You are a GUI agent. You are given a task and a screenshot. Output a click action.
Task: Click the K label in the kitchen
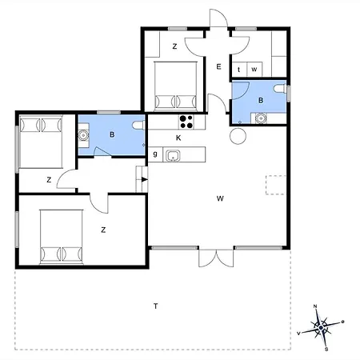click(178, 138)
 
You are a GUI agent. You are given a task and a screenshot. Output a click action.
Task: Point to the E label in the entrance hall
click(218, 67)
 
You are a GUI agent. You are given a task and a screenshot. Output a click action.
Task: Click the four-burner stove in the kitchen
click(187, 122)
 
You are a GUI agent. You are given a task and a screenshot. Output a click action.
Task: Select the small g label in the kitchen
click(154, 154)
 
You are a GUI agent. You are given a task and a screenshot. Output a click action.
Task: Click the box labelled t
click(239, 70)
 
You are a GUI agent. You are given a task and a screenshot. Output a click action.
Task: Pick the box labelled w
click(254, 70)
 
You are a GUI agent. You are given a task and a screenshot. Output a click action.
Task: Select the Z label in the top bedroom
click(174, 47)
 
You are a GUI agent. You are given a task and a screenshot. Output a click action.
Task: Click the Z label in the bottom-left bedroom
click(103, 230)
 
